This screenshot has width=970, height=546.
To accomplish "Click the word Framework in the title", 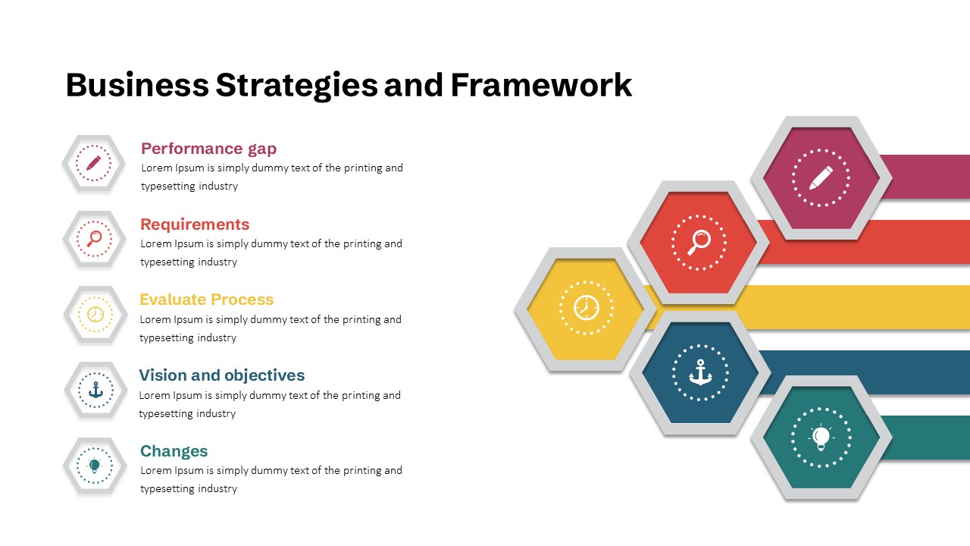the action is tap(541, 85).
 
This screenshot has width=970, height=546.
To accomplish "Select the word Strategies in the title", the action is tap(296, 86).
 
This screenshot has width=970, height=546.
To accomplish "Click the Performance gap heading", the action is tap(208, 149).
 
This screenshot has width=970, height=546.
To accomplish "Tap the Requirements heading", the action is tap(195, 224).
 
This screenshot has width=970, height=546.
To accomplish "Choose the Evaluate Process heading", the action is tap(207, 300).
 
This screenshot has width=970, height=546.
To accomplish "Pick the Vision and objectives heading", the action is tap(222, 375).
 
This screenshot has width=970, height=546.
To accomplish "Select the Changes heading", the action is tap(174, 451).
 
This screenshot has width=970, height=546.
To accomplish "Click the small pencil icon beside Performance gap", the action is tap(93, 163).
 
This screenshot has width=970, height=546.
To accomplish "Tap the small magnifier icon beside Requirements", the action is tap(94, 239).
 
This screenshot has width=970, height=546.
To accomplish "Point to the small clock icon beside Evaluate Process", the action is tap(95, 314).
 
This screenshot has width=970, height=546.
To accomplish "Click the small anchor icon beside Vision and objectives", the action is tap(95, 390).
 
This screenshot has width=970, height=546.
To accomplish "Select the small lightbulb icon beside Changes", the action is tap(95, 466).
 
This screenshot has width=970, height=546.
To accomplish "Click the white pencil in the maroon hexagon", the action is tap(821, 177).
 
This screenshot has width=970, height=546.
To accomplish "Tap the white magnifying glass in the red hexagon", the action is tap(699, 243).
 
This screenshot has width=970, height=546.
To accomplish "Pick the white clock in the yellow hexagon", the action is tap(587, 308).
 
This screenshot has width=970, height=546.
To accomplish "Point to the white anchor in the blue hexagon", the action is tap(700, 372).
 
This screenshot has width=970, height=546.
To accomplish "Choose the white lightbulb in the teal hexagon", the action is tap(821, 438).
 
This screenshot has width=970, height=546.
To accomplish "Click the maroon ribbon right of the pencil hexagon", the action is tap(925, 177).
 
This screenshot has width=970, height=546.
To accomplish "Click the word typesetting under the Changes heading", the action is tap(167, 489).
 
